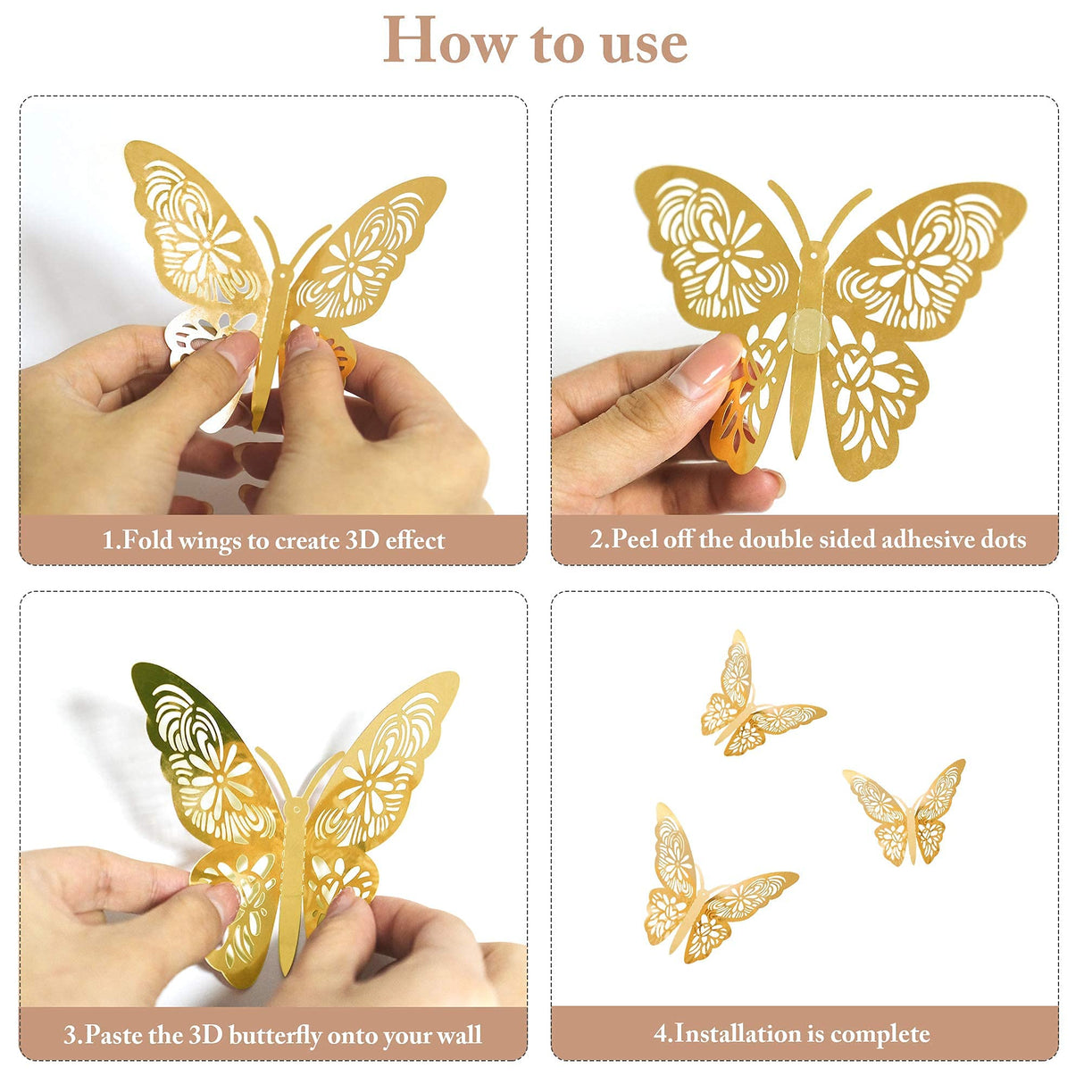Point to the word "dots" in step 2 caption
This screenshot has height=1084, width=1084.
pyautogui.click(x=1002, y=539)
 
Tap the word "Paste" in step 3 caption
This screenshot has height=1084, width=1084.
pyautogui.click(x=114, y=1036)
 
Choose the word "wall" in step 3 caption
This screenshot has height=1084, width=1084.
pyautogui.click(x=460, y=1036)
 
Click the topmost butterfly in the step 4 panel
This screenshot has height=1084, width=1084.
pyautogui.click(x=755, y=701)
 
